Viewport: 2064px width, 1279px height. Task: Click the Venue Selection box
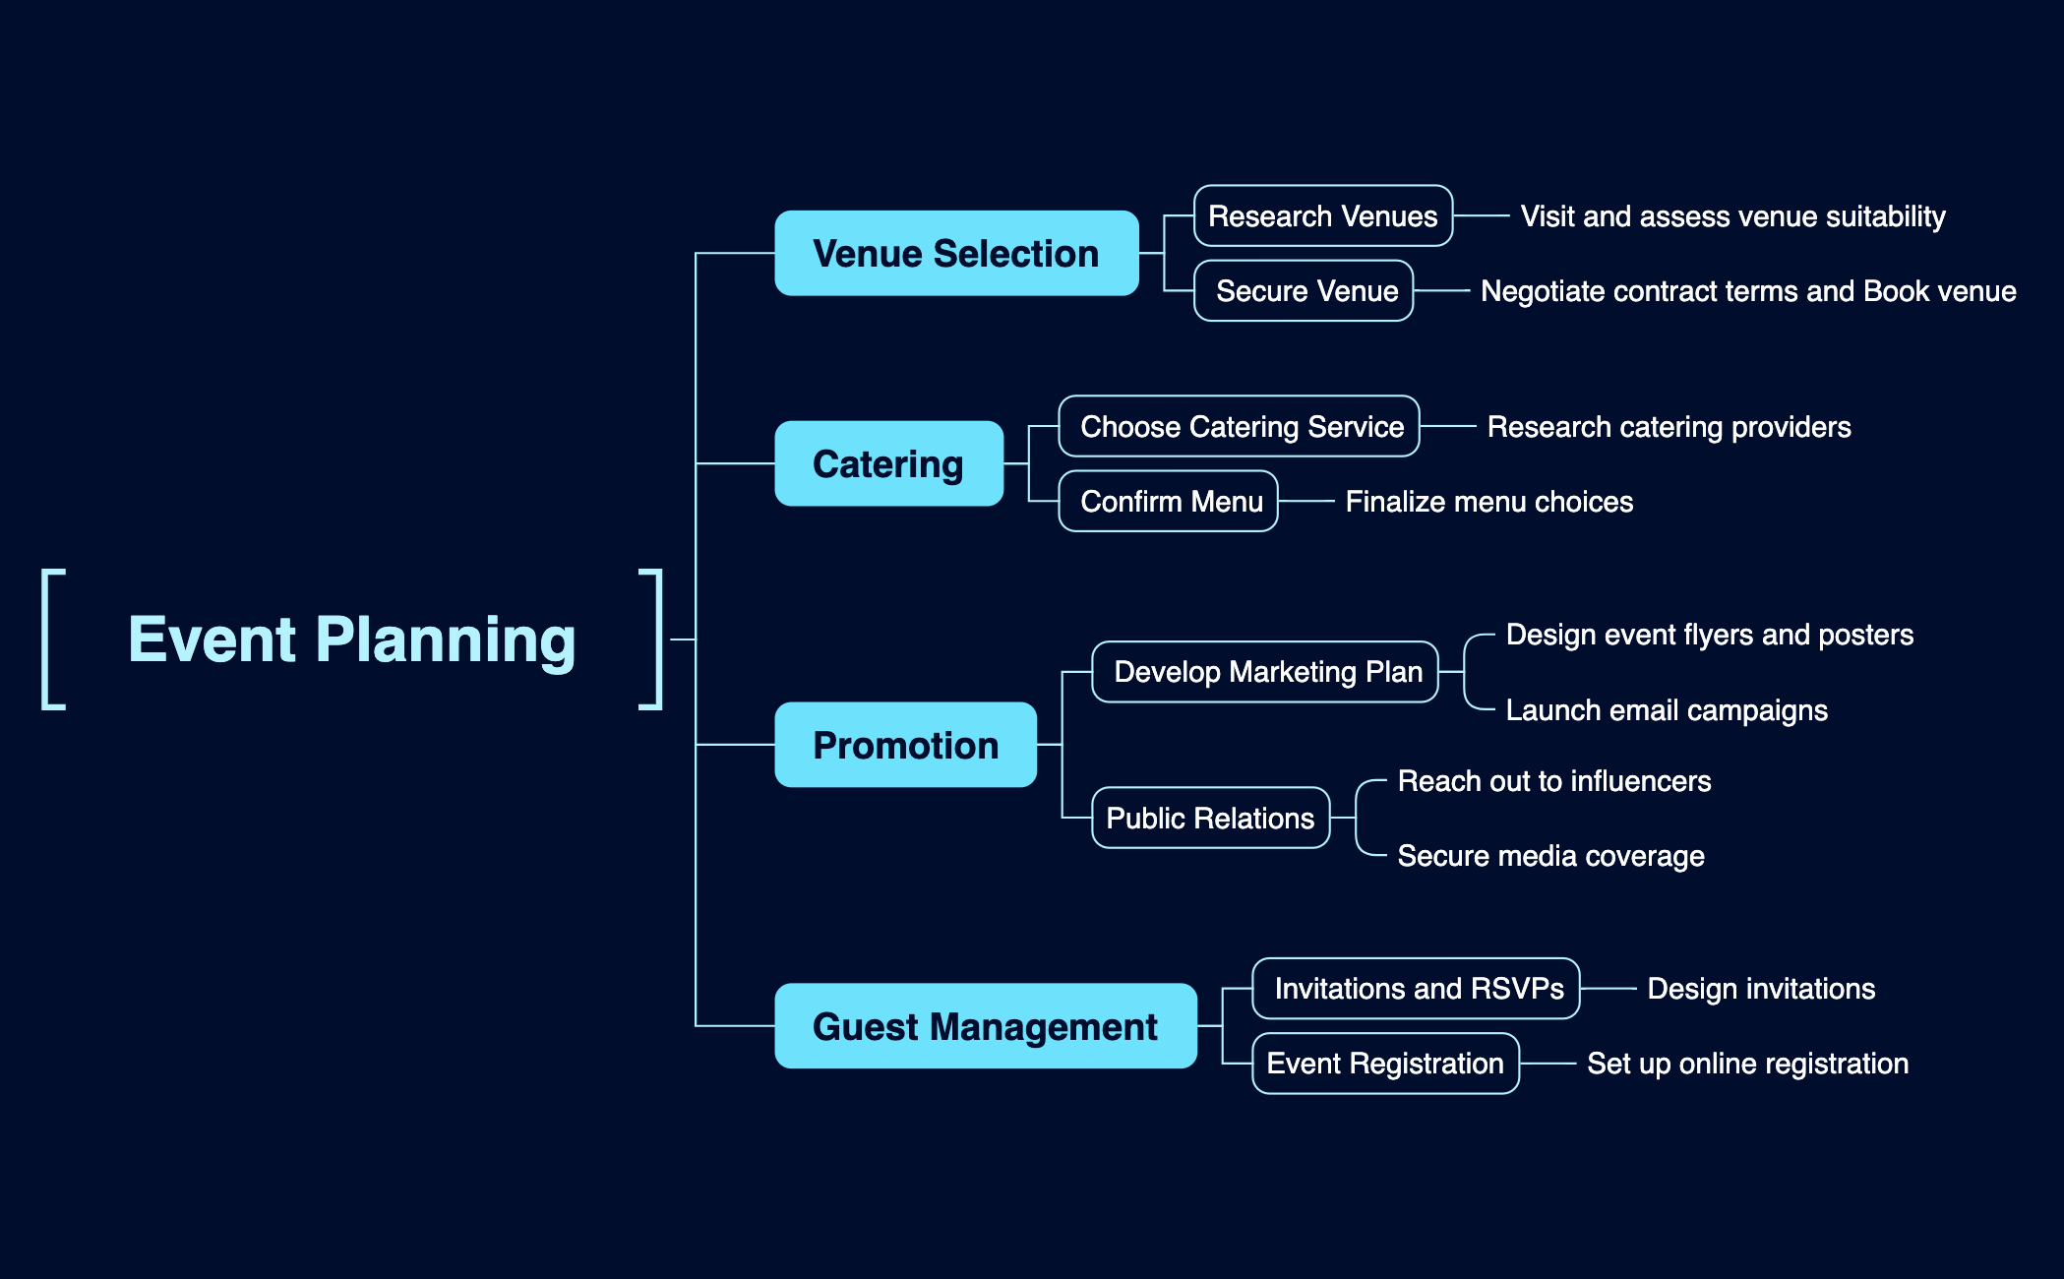956,254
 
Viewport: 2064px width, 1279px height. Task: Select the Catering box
888,464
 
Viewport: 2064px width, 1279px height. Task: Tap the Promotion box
905,746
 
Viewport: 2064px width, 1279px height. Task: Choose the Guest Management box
985,1027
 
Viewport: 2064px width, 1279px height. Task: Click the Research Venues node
1322,216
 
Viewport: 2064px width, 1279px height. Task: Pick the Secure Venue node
1304,291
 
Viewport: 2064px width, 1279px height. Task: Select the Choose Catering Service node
1239,427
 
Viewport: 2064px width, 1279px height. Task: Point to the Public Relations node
1210,819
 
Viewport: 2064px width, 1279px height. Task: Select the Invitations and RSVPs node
1416,989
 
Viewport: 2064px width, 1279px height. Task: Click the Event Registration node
1385,1064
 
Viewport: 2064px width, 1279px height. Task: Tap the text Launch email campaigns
1667,710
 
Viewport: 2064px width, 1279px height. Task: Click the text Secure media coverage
1550,856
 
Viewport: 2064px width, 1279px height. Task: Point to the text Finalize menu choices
1488,502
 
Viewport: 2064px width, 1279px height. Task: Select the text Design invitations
1761,989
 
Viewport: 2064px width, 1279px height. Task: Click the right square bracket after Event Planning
652,639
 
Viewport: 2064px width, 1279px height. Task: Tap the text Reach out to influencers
1554,781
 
